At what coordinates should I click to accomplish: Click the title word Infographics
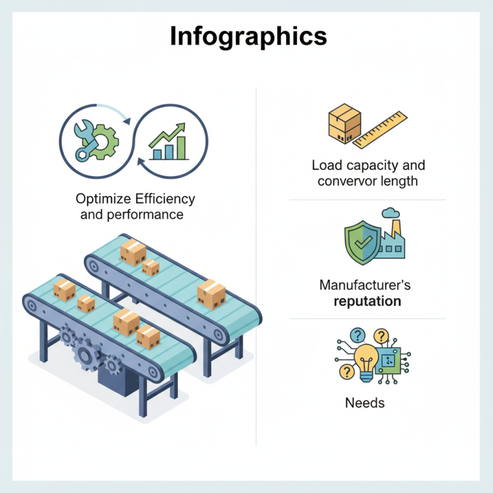[248, 37]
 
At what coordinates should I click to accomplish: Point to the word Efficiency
[165, 199]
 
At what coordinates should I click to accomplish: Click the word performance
[145, 215]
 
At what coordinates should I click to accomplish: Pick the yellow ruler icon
[380, 129]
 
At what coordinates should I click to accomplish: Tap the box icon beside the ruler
[344, 124]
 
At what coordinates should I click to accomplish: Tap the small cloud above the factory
[391, 213]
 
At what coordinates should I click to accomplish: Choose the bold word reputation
[367, 301]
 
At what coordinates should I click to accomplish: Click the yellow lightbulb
[366, 362]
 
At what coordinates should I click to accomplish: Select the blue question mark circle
[357, 335]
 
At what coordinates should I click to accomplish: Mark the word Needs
[365, 403]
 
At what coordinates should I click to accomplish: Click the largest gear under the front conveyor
[85, 356]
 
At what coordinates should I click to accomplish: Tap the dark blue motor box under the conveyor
[118, 381]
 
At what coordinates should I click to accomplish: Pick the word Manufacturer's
[365, 285]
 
